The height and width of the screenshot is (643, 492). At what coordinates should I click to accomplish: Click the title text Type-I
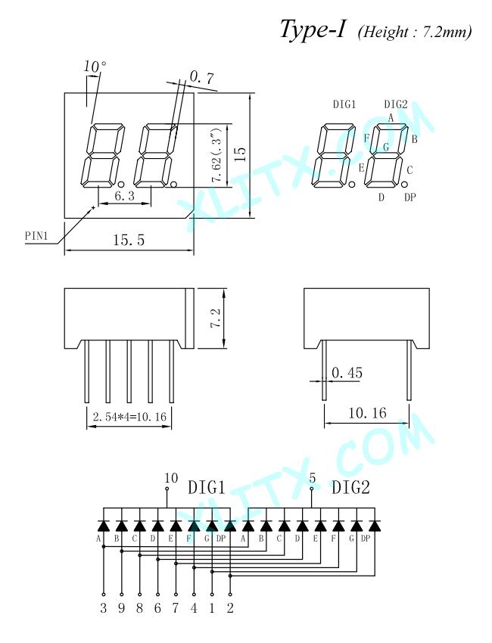click(x=313, y=30)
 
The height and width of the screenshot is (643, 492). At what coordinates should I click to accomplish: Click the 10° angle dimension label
click(x=95, y=67)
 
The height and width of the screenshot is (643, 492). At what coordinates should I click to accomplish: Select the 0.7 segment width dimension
click(x=202, y=76)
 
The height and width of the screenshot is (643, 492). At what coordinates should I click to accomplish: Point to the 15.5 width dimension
click(x=129, y=240)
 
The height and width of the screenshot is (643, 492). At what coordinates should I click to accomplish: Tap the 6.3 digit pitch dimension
click(x=124, y=196)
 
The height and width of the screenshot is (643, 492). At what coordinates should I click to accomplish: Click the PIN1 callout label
click(x=36, y=236)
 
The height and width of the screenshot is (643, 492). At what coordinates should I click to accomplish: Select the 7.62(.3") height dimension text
click(x=216, y=154)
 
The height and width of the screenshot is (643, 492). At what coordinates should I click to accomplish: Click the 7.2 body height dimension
click(x=216, y=318)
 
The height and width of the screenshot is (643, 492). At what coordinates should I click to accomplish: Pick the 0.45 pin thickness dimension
click(x=347, y=372)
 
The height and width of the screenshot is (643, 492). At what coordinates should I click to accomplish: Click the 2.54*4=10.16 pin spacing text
click(x=129, y=417)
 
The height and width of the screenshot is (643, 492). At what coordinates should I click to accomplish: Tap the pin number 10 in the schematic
click(x=171, y=478)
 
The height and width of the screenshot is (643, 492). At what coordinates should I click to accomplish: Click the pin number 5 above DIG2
click(x=313, y=478)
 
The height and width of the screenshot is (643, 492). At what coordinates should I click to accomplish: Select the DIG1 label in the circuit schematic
click(x=207, y=488)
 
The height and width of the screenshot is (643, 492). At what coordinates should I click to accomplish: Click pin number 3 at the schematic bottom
click(x=104, y=607)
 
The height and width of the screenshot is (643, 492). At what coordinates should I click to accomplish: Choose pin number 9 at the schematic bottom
click(x=121, y=607)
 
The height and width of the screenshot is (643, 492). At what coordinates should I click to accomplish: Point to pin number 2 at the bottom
click(x=230, y=607)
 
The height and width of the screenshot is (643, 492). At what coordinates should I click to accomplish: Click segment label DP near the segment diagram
click(x=410, y=197)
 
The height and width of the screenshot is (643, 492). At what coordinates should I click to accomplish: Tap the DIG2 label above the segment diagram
click(x=396, y=104)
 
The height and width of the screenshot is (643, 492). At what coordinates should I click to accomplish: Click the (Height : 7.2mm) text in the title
click(x=415, y=32)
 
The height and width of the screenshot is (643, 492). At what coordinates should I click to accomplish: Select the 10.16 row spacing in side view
click(x=367, y=412)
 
